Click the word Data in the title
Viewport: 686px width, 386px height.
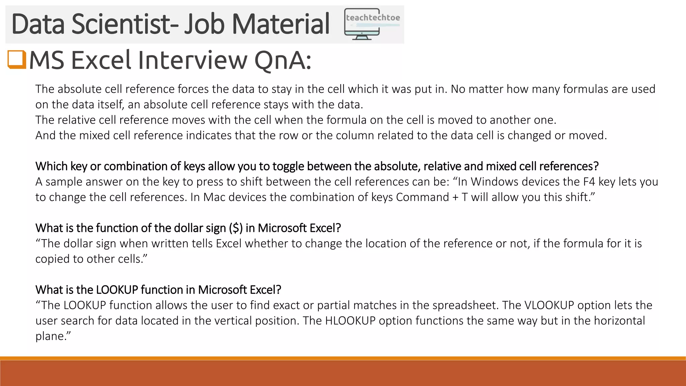[38, 24]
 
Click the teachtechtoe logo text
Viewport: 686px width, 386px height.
[373, 17]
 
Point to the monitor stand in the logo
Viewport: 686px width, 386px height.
[362, 37]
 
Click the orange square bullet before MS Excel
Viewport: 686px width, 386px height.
[17, 60]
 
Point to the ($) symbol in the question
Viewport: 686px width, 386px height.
[236, 228]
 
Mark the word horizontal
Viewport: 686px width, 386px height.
[619, 321]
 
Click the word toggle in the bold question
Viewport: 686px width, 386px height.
[288, 166]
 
